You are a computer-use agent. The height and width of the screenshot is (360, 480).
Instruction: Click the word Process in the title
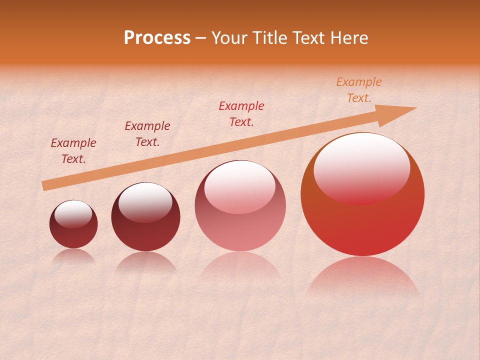click(x=157, y=38)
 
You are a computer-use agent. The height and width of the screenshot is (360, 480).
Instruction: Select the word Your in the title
click(x=228, y=38)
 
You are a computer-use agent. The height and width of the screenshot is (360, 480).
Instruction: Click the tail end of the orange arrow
click(x=44, y=186)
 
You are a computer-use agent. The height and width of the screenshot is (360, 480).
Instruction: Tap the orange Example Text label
click(x=358, y=90)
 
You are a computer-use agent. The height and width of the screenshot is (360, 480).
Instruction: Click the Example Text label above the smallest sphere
click(x=73, y=151)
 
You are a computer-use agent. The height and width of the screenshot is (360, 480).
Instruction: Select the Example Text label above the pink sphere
click(x=241, y=114)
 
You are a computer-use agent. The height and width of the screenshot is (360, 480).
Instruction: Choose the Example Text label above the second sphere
click(x=147, y=134)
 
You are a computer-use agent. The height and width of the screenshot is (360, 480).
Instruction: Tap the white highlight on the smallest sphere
click(x=73, y=213)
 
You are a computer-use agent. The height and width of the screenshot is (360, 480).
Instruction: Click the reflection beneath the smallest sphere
click(x=73, y=256)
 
